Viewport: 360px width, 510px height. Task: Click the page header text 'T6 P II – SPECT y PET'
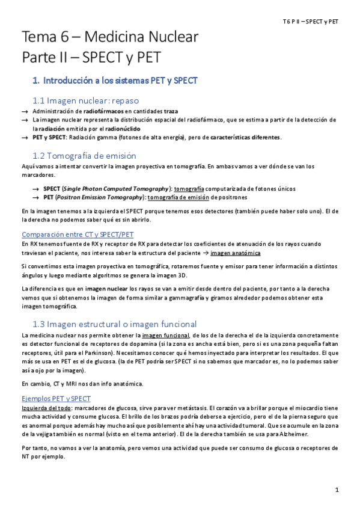[x=311, y=21]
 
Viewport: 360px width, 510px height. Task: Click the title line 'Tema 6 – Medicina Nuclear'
[x=110, y=38]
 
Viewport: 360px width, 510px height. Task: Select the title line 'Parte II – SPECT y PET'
[x=91, y=58]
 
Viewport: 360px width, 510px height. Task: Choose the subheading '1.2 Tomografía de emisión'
[x=88, y=155]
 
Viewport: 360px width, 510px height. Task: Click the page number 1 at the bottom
[x=337, y=490]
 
